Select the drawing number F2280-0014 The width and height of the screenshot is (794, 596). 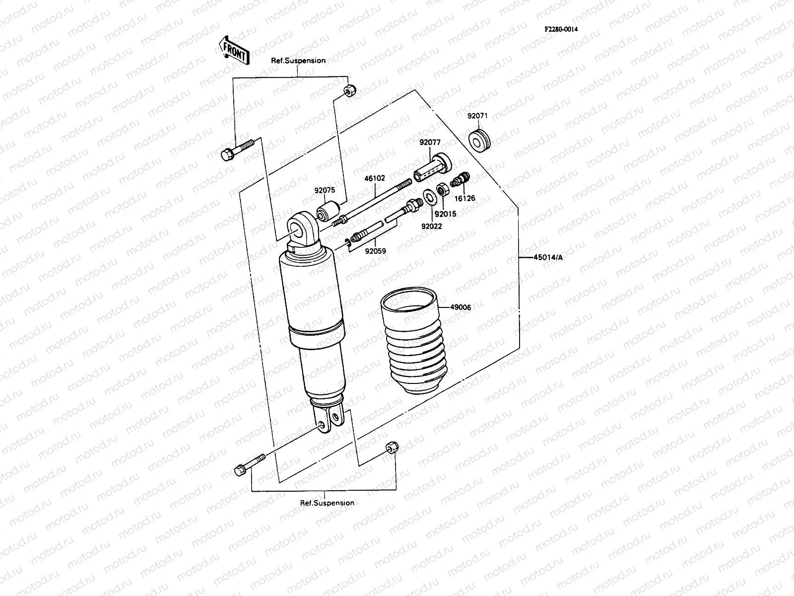tap(561, 29)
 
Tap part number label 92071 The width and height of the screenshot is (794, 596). tap(477, 116)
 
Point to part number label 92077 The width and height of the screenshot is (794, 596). tap(430, 142)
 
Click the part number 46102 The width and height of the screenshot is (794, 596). tap(375, 177)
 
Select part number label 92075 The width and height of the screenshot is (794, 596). tap(325, 190)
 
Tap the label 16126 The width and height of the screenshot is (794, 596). tap(465, 198)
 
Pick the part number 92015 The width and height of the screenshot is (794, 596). tap(445, 214)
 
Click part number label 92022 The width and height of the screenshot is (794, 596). tap(432, 226)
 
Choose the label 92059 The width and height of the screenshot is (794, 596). tap(375, 251)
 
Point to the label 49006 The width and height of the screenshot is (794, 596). tap(461, 307)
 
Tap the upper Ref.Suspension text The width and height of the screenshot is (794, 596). tap(298, 61)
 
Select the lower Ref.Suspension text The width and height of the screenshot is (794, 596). tap(327, 503)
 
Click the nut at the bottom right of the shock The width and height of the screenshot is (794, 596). tap(391, 448)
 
